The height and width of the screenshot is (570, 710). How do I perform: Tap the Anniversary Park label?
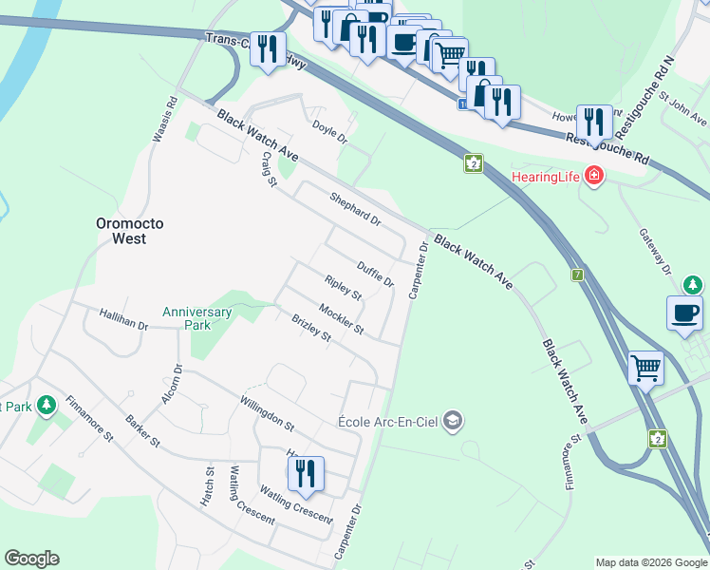tap(196, 319)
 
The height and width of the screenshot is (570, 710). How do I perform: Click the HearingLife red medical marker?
tap(594, 176)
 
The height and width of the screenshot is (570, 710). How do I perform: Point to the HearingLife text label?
tap(546, 177)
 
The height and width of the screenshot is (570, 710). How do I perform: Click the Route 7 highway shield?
tap(576, 275)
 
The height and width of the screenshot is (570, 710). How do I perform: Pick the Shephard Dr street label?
tap(354, 209)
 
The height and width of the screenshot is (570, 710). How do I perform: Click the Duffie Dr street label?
tap(375, 275)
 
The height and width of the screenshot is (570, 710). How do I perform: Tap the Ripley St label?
tap(343, 289)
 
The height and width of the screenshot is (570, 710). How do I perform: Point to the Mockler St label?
tap(341, 318)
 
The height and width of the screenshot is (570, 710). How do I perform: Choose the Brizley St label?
tap(310, 329)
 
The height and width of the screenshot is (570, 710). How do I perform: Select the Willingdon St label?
tap(268, 413)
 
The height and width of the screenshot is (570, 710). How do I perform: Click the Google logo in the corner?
tap(31, 559)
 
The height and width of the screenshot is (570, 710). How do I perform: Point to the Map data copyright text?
tap(650, 562)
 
